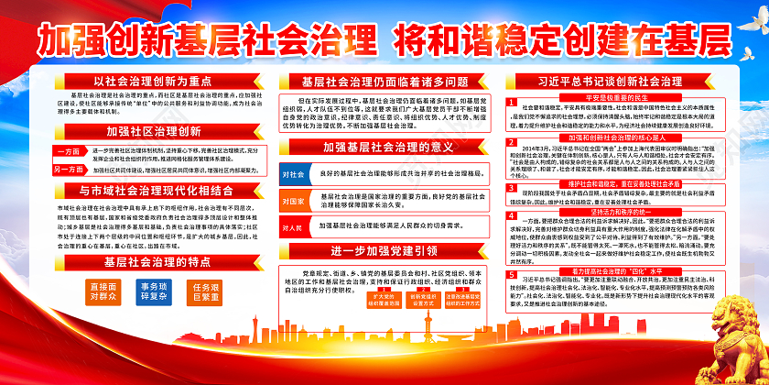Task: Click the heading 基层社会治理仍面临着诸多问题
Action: [x=384, y=82]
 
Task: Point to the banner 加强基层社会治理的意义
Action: [x=384, y=146]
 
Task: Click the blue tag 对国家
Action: [x=295, y=200]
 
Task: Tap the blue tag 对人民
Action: [x=295, y=225]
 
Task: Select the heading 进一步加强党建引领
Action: [x=384, y=251]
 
